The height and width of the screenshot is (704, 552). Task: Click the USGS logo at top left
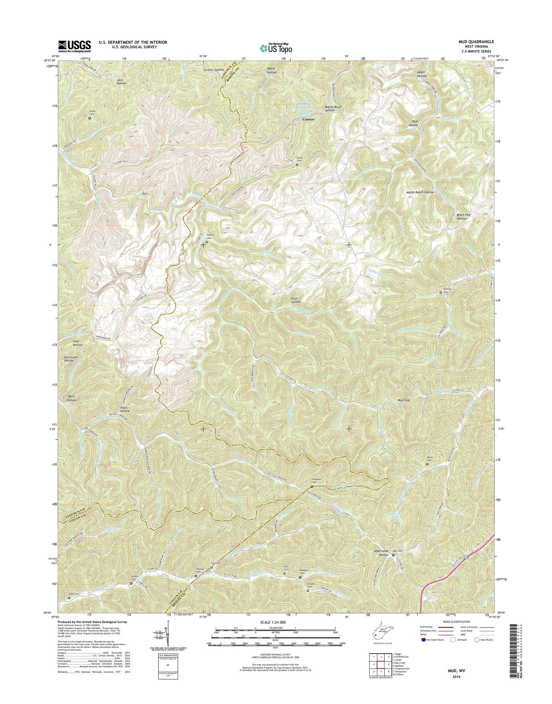pos(74,46)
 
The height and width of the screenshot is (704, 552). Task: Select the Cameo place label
pos(308,119)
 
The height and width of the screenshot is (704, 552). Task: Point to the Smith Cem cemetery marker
pos(90,118)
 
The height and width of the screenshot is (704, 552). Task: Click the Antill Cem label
pos(297,159)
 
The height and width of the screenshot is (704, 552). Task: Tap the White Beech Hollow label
pos(420,192)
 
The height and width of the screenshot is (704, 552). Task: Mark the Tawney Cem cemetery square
pos(440,292)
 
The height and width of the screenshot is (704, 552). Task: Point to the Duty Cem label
pos(74,594)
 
